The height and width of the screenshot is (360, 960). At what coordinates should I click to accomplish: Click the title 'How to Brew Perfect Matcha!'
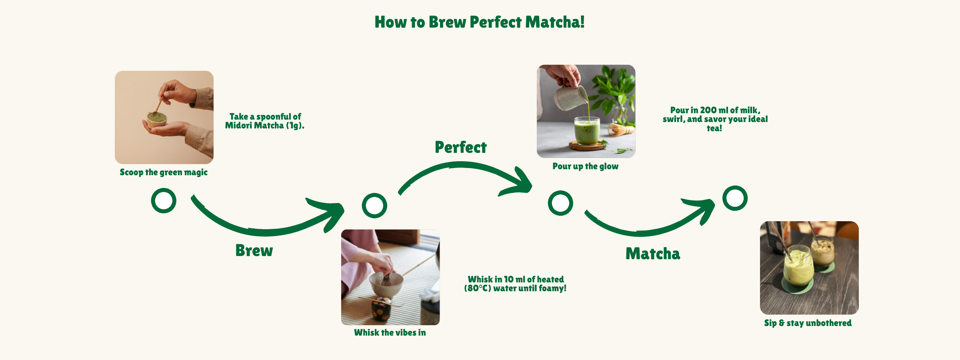click(480, 22)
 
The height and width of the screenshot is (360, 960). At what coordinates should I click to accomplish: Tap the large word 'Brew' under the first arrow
click(254, 250)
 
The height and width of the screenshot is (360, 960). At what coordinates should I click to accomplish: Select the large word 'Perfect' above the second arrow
click(461, 148)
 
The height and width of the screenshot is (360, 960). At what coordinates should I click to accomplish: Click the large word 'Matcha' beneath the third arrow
click(653, 254)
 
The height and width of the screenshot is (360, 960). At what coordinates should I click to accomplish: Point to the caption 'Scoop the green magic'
click(164, 172)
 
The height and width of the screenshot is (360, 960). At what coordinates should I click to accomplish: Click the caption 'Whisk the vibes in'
click(390, 333)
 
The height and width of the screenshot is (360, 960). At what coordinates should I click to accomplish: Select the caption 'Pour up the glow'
click(586, 166)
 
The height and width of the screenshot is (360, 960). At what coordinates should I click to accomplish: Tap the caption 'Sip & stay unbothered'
click(808, 323)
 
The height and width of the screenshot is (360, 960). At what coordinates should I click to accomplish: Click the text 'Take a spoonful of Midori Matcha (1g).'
click(265, 121)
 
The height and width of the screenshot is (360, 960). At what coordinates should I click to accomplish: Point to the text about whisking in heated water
click(515, 284)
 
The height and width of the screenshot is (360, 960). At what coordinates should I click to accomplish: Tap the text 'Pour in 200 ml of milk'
click(715, 110)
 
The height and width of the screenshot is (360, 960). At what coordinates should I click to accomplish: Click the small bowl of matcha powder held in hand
click(157, 120)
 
